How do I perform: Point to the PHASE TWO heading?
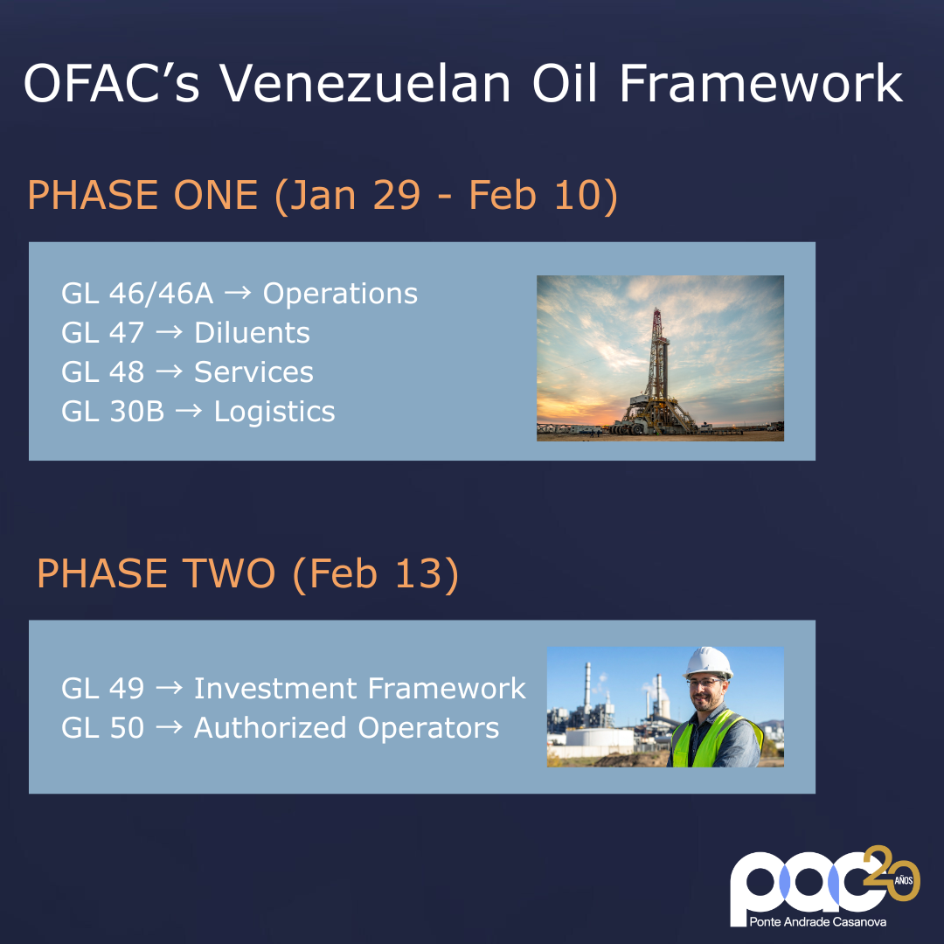156,574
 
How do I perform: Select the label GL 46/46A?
137,294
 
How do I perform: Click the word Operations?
340,294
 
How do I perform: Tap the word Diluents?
252,333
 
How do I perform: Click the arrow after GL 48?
169,372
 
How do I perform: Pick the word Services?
253,372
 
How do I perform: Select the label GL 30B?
113,412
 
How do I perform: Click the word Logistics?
274,412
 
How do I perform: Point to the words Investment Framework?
359,689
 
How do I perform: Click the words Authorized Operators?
346,728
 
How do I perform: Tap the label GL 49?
102,689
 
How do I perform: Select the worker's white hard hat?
707,662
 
